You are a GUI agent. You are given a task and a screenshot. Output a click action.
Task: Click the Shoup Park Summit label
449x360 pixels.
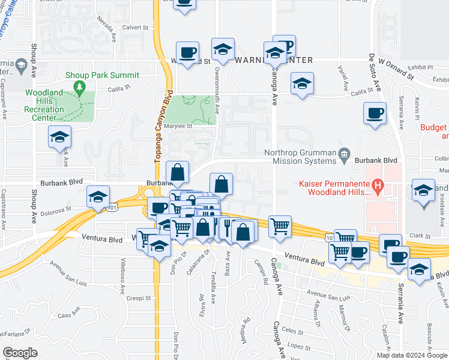tap(102, 75)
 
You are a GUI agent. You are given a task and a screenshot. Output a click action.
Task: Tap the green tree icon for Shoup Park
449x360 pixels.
tap(79, 88)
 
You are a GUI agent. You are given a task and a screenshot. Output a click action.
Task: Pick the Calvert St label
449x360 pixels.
tap(135, 28)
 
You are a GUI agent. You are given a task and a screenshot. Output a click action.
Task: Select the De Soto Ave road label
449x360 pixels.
tap(375, 74)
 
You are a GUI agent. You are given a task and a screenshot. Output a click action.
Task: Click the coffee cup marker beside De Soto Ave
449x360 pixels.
tap(375, 113)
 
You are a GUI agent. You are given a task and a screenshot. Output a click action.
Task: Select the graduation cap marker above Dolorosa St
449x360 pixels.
tap(98, 196)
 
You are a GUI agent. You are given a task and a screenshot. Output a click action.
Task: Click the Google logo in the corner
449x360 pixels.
tap(20, 353)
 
